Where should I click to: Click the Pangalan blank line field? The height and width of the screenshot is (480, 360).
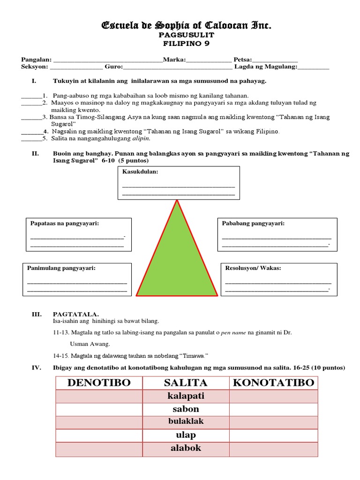pyautogui.click(x=108, y=60)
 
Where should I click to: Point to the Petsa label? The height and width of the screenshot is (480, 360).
pyautogui.click(x=242, y=60)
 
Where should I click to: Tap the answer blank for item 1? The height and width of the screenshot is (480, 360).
pyautogui.click(x=31, y=95)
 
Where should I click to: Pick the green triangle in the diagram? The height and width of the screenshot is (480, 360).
pyautogui.click(x=177, y=262)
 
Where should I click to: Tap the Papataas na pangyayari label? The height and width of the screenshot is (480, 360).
pyautogui.click(x=64, y=224)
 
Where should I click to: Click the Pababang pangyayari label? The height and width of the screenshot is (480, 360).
pyautogui.click(x=253, y=224)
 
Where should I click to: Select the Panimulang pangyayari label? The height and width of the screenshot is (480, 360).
pyautogui.click(x=61, y=268)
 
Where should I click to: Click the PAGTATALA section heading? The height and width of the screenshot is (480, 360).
pyautogui.click(x=76, y=314)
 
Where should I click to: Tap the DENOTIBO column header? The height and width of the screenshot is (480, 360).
pyautogui.click(x=99, y=382)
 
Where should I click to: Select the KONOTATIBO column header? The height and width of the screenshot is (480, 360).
pyautogui.click(x=274, y=382)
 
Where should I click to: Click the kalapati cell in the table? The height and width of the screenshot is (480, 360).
pyautogui.click(x=186, y=396)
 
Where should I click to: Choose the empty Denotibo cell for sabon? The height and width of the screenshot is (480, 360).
pyautogui.click(x=99, y=409)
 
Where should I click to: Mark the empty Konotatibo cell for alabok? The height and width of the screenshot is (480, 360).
pyautogui.click(x=274, y=448)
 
